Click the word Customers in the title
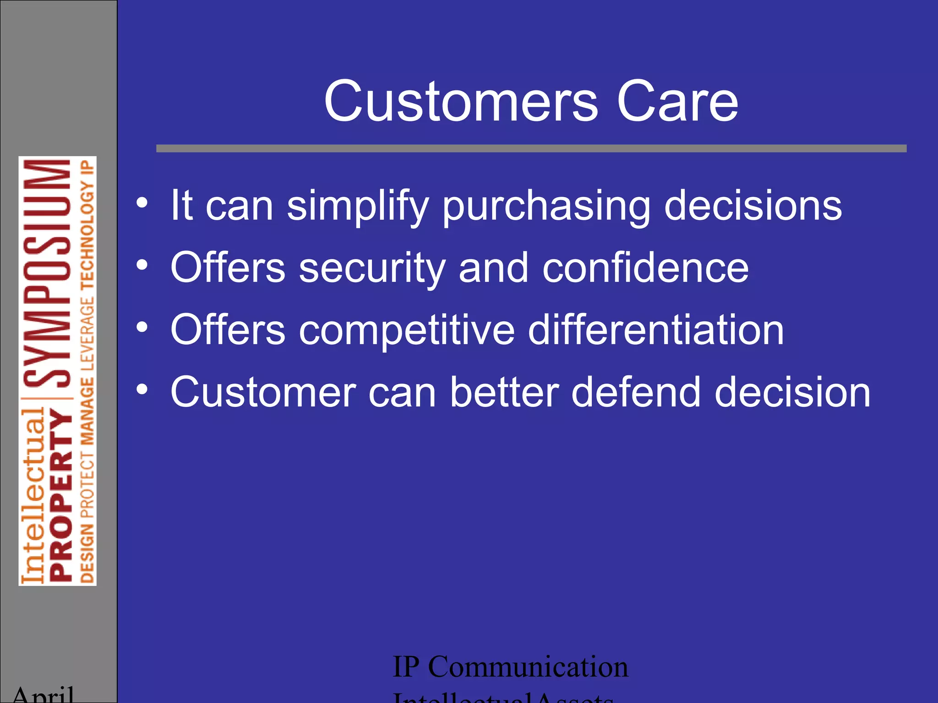click(461, 102)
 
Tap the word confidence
click(645, 268)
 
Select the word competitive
click(407, 330)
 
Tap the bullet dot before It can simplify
click(142, 203)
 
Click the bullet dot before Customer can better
click(142, 389)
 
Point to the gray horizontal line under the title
click(531, 148)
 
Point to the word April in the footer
click(43, 695)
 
